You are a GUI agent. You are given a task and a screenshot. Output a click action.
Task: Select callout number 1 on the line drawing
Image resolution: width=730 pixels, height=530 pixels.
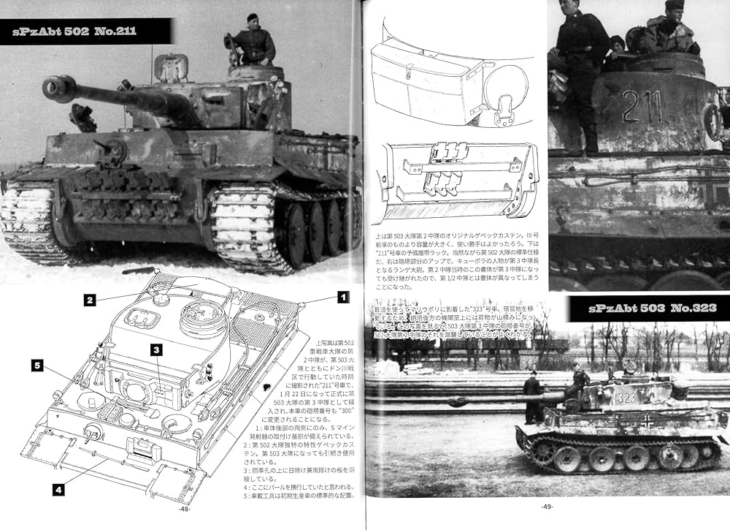coord(340,297)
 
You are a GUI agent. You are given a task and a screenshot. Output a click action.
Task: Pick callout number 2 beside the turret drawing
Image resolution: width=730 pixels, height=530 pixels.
coord(89,299)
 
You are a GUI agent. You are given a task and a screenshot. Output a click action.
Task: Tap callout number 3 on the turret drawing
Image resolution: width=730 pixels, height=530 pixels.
coord(156,350)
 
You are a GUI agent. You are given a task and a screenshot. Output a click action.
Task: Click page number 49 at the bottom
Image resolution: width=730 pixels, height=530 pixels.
coord(547,507)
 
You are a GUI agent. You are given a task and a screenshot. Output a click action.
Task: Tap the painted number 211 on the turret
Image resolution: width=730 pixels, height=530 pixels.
coord(643,107)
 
